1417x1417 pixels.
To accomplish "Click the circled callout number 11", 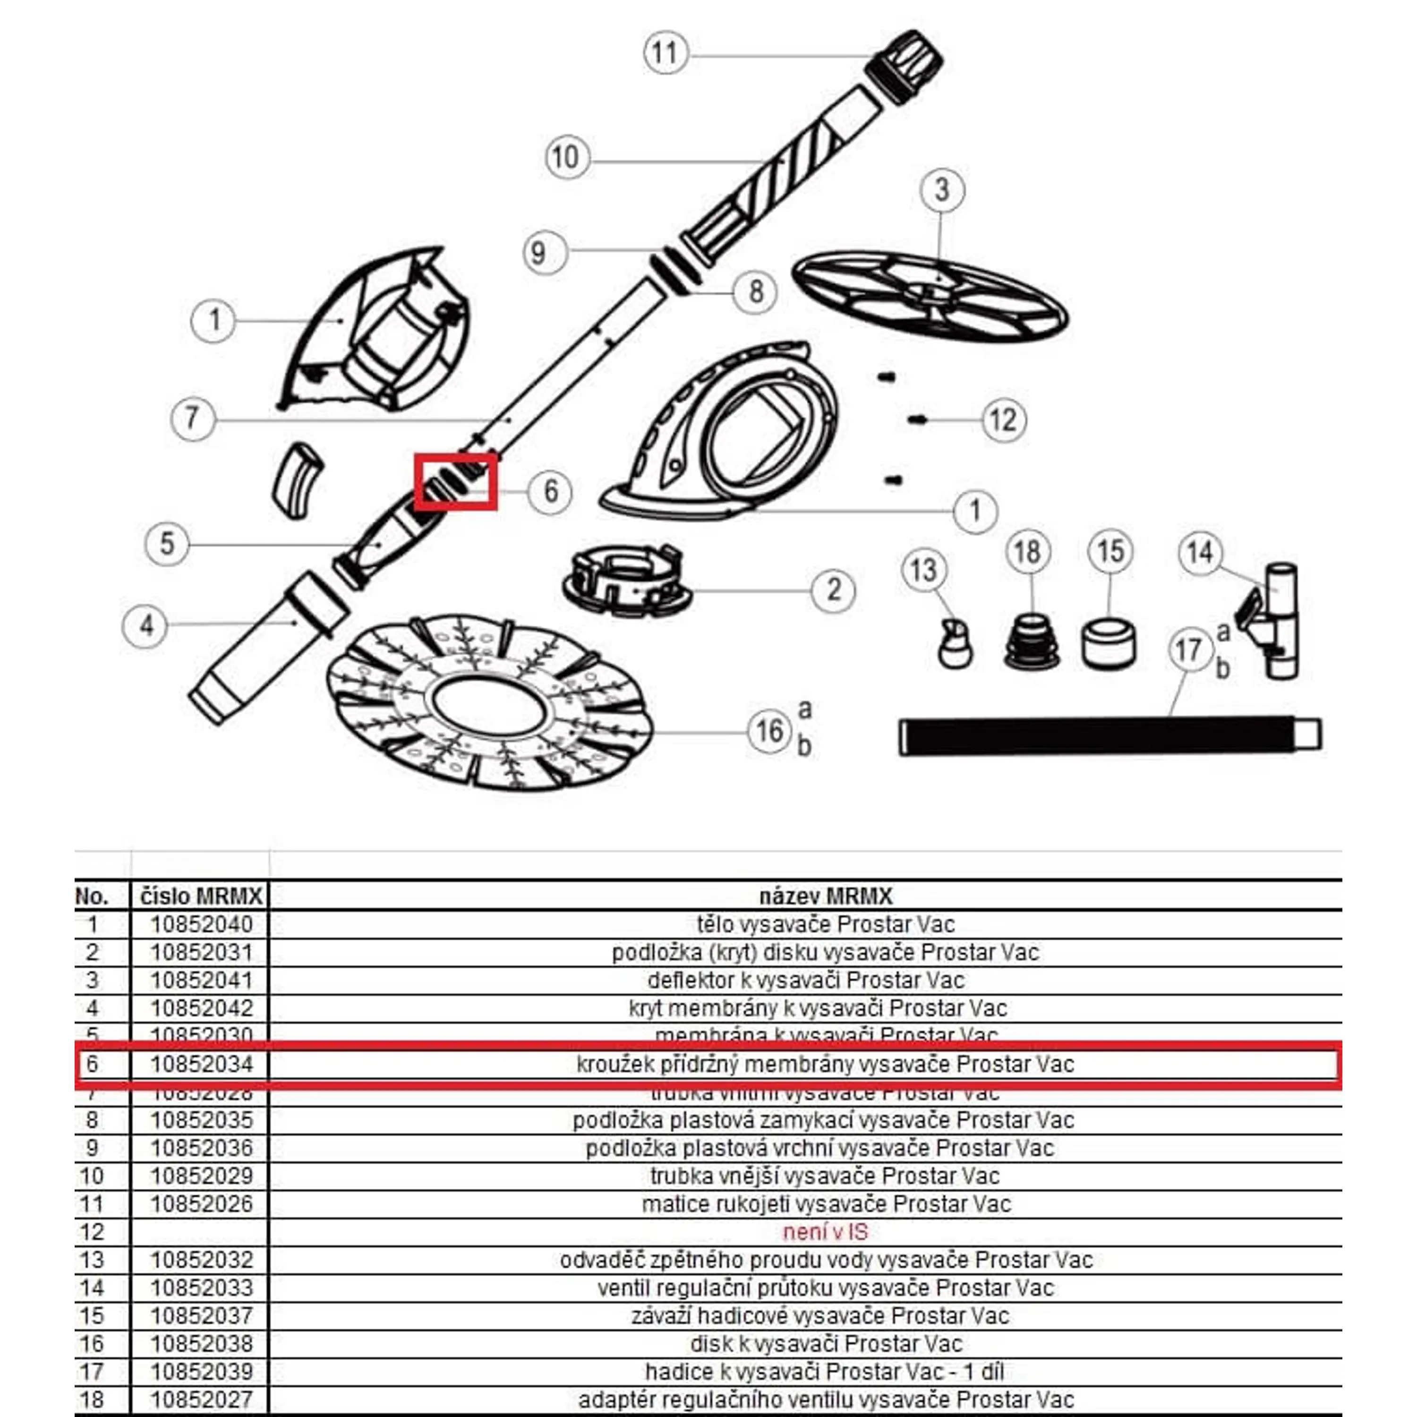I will [665, 53].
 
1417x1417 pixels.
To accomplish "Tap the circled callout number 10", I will [567, 157].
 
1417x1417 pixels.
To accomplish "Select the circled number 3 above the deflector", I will [942, 190].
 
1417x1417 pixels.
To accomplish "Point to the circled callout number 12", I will [1003, 420].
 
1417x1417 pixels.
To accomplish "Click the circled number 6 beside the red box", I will [551, 491].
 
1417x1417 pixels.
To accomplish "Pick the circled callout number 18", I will [1027, 552].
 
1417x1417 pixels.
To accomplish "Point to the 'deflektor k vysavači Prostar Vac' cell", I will [805, 980].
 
